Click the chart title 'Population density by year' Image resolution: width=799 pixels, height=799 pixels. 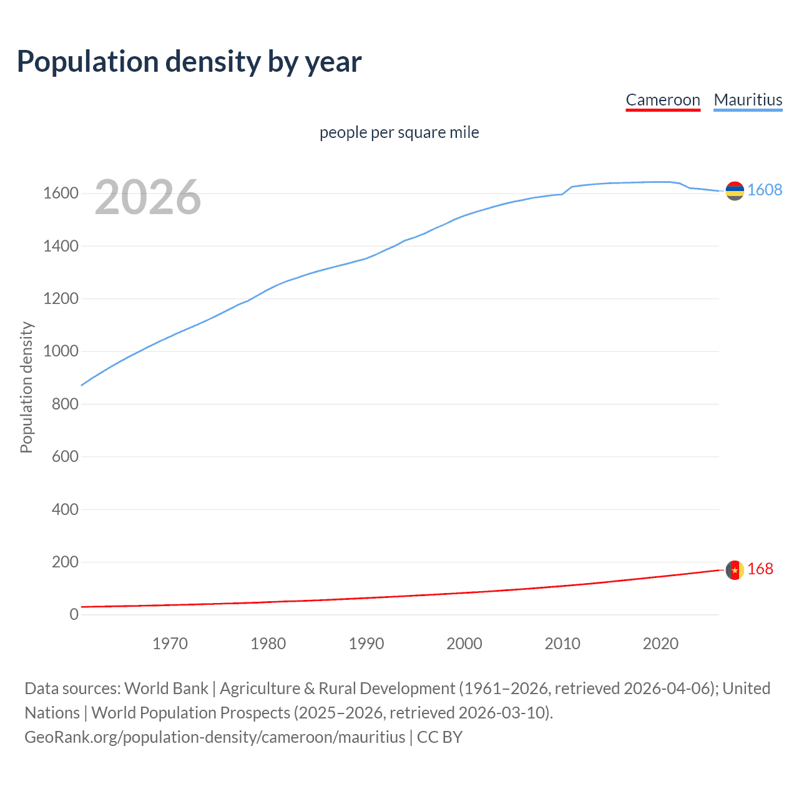click(x=189, y=62)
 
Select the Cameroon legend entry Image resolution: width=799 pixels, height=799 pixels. click(x=663, y=100)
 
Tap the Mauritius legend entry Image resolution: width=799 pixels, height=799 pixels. click(x=748, y=100)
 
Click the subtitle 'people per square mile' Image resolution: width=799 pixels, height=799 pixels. click(x=399, y=132)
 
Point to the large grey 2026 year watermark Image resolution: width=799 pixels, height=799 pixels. click(x=148, y=197)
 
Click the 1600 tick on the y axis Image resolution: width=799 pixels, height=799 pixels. click(x=61, y=194)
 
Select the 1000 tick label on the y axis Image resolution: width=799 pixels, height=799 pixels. click(x=61, y=351)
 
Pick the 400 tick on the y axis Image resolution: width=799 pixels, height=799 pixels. click(x=65, y=509)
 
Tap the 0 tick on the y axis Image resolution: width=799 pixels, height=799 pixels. click(x=74, y=615)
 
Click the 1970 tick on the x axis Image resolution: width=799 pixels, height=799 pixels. click(x=170, y=644)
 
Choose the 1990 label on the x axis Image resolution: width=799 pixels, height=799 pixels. click(x=366, y=644)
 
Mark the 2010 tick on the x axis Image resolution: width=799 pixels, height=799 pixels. click(x=562, y=644)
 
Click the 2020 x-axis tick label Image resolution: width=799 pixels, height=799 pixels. click(x=660, y=644)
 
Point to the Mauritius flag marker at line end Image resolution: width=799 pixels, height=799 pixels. click(x=735, y=190)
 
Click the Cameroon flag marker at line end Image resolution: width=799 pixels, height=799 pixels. click(x=735, y=570)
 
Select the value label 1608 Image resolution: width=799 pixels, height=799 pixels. click(x=765, y=190)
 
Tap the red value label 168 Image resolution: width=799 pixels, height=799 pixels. click(x=760, y=569)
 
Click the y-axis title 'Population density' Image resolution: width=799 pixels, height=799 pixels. click(x=26, y=387)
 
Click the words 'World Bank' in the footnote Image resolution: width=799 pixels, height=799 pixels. click(x=166, y=689)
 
